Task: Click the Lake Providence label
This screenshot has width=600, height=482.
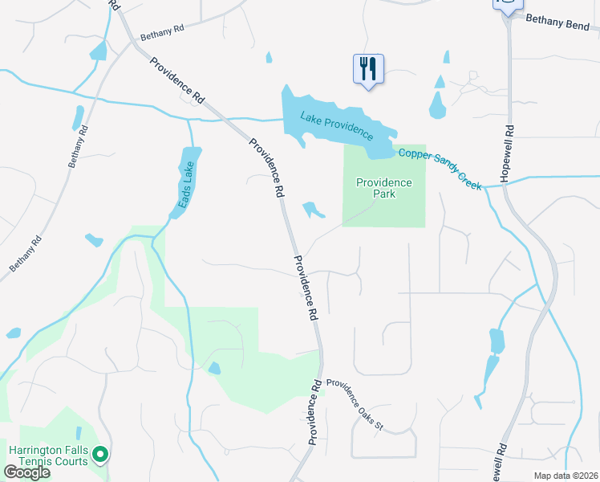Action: click(337, 124)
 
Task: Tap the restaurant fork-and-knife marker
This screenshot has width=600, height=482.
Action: click(368, 68)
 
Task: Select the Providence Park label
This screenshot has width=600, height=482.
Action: click(383, 188)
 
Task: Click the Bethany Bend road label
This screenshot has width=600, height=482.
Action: click(561, 21)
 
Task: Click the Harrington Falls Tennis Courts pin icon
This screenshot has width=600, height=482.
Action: click(100, 455)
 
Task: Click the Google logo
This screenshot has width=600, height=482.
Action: click(26, 472)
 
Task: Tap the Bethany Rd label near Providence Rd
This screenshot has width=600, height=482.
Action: click(161, 33)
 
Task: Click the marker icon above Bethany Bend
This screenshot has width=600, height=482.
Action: click(507, 5)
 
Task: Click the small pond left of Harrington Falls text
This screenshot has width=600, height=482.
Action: click(13, 333)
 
